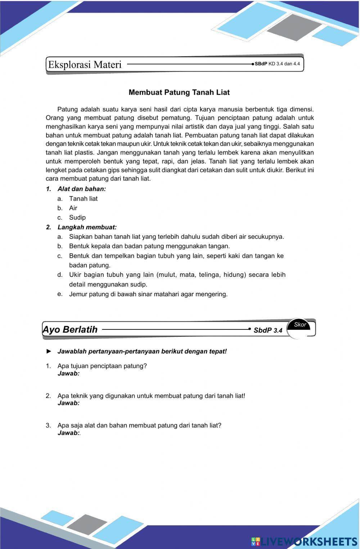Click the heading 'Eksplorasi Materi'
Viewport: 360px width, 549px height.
(x=85, y=65)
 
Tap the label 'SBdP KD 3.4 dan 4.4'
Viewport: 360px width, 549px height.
(x=277, y=64)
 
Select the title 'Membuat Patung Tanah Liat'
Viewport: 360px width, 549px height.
(x=179, y=93)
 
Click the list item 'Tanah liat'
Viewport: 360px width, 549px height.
(x=83, y=199)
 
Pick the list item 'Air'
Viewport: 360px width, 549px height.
(x=73, y=208)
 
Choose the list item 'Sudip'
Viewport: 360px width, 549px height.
(x=77, y=217)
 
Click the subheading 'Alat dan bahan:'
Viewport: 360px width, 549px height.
(x=81, y=189)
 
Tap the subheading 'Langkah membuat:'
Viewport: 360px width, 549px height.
(x=87, y=228)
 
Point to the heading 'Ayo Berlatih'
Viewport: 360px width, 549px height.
(x=70, y=330)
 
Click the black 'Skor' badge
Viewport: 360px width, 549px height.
(x=300, y=325)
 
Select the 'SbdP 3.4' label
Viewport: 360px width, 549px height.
(x=268, y=330)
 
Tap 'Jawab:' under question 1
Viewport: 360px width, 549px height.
(x=68, y=374)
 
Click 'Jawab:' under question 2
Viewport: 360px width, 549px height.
(x=68, y=403)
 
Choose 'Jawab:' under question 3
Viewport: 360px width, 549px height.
(x=68, y=433)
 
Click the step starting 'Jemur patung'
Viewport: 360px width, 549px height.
(x=148, y=294)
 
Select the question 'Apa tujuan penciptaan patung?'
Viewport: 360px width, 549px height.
(x=102, y=366)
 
